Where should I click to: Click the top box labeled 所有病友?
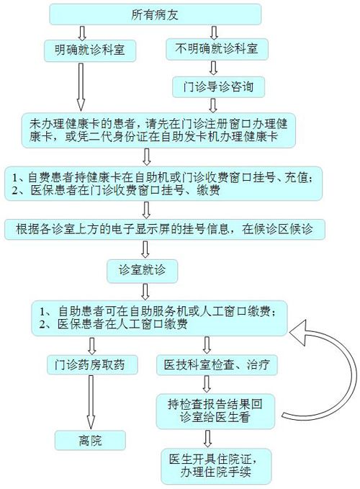pos(155,14)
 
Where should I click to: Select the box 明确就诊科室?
pos(90,50)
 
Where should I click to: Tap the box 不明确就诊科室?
pos(217,49)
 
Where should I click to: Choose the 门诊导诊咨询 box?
pos(218,86)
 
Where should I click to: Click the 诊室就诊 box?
pos(142,271)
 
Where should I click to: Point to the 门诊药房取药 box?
pos(92,364)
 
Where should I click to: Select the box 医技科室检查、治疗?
pos(217,364)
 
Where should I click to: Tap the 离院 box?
pos(90,440)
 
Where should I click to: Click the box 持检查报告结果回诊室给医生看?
pos(215,411)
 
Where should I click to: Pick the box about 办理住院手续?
pos(216,466)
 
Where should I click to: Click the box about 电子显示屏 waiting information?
pos(165,230)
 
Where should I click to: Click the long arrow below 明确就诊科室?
pos(81,87)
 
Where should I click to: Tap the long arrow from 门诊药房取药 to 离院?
pos(91,403)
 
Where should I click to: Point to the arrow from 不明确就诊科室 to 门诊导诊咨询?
pos(213,68)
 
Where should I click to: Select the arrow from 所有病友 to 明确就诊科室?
pos(82,32)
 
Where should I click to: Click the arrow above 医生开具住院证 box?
pos(207,439)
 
